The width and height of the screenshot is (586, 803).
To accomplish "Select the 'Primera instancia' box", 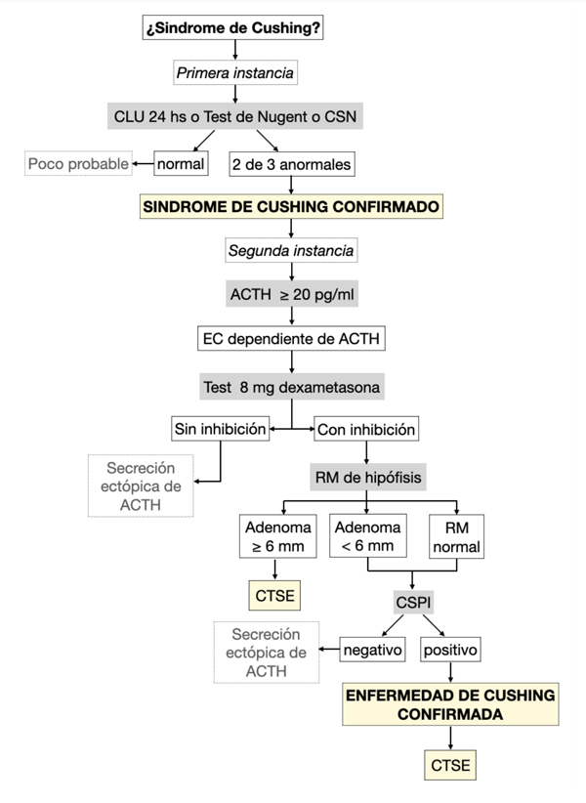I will coord(234,72).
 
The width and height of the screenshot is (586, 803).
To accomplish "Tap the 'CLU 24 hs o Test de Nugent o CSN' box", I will coord(234,117).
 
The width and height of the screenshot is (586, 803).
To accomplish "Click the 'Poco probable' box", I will coord(78,163).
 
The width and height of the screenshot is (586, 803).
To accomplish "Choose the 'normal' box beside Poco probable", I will coord(182,163).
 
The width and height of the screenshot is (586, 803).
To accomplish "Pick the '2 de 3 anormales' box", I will coord(292,163).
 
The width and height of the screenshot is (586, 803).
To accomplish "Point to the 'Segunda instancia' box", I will coord(291,250).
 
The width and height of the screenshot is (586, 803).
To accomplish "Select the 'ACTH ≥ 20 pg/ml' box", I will coord(291,295).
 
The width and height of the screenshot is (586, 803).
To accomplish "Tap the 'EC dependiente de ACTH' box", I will coord(291,340).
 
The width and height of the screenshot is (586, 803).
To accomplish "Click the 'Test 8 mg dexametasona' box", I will coord(291,386).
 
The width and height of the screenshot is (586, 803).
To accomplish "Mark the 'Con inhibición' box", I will coord(365,429).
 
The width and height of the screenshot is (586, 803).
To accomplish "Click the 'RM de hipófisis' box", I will coord(365,477).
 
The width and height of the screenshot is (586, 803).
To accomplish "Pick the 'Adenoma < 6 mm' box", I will coord(365,536).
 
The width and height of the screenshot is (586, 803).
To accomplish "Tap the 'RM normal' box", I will coord(456,536).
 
